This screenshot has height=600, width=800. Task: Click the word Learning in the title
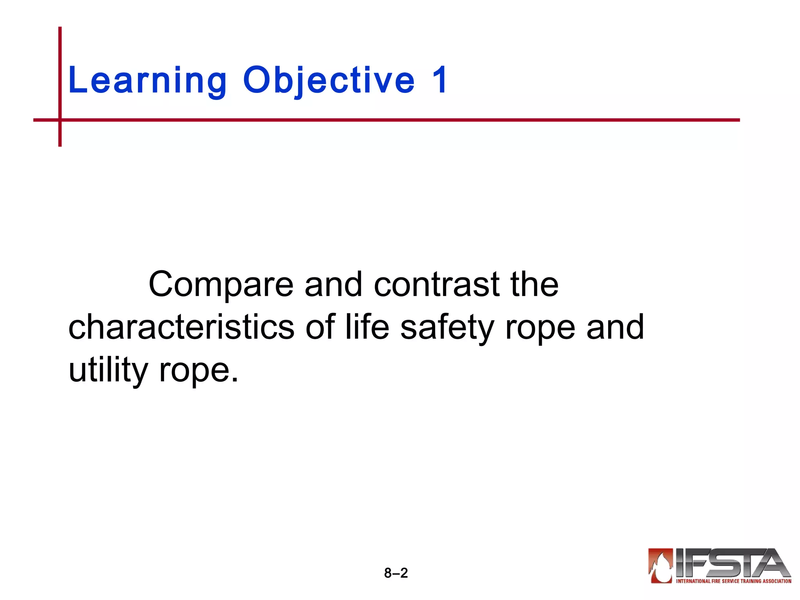pyautogui.click(x=147, y=81)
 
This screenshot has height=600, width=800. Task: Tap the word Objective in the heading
pyautogui.click(x=329, y=81)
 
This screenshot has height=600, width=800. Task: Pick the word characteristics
pyautogui.click(x=181, y=327)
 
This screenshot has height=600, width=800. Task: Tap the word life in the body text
pyautogui.click(x=367, y=327)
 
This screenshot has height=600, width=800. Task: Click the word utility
pyautogui.click(x=108, y=370)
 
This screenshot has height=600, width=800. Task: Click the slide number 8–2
pyautogui.click(x=396, y=573)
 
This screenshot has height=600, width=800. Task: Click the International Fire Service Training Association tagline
pyautogui.click(x=734, y=581)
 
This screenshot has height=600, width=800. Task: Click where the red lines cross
pyautogui.click(x=60, y=120)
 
